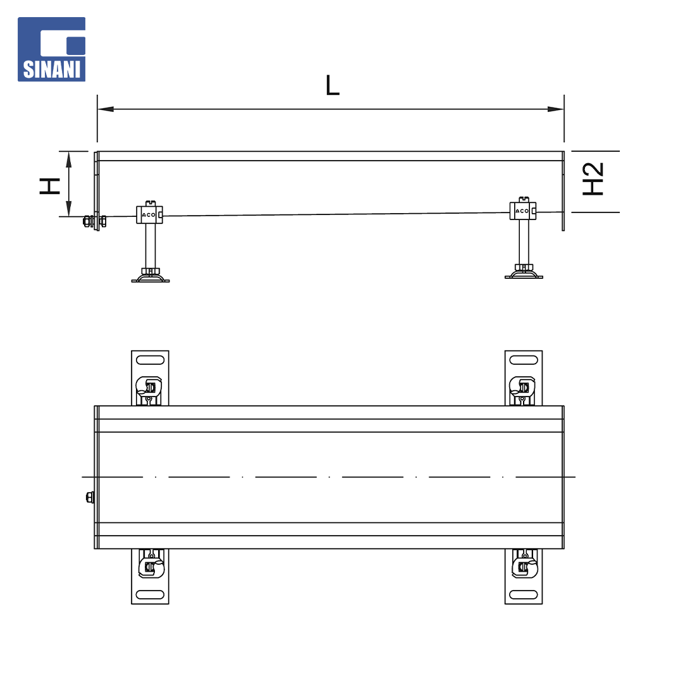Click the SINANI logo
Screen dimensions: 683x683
coord(51,49)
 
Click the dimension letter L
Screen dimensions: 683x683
coord(333,85)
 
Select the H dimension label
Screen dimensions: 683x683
coord(50,186)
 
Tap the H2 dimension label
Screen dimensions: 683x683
coord(593,178)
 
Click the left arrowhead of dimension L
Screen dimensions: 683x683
coord(106,109)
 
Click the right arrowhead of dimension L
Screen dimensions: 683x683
coord(556,109)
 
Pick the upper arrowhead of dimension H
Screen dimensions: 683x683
coord(68,159)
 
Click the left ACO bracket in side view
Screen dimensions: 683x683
coord(149,214)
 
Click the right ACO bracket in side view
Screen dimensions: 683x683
coord(523,209)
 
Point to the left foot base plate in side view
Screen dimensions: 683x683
coord(151,278)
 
